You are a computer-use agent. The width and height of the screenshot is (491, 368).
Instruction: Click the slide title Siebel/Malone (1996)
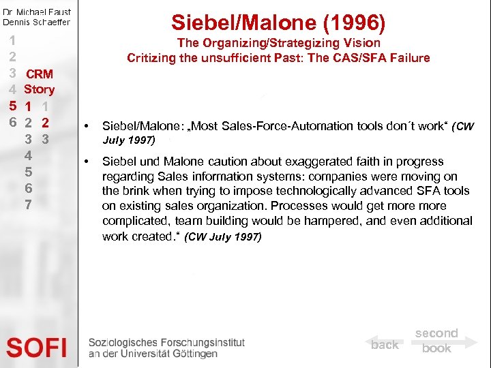pos(278,22)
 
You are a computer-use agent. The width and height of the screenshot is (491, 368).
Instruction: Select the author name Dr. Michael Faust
pos(37,12)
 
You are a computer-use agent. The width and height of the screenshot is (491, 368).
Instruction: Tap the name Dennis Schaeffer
pos(37,22)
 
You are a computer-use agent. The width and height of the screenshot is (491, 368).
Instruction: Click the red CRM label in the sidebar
pos(40,74)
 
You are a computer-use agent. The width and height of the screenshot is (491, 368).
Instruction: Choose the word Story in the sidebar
pos(40,89)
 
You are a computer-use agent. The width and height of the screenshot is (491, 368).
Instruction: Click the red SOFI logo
pos(37,348)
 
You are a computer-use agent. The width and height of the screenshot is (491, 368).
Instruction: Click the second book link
pos(436,341)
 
